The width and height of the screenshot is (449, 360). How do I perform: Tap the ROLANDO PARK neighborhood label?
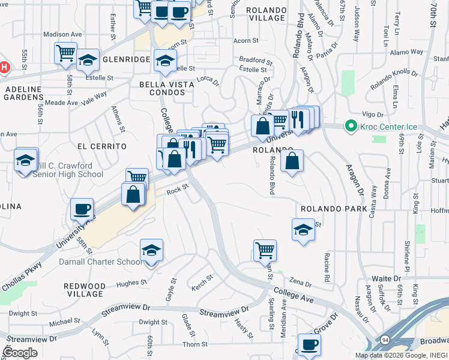(x=334, y=209)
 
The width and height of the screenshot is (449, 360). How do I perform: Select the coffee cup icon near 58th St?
(x=82, y=209)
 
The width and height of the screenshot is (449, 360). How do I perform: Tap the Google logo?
(x=20, y=353)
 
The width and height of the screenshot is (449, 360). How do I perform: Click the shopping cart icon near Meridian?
(x=265, y=250)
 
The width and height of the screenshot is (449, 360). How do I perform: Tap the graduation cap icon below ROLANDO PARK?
(x=303, y=230)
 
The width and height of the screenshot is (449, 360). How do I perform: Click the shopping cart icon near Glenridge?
(x=65, y=53)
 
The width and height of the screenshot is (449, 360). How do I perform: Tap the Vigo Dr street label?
(x=372, y=114)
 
